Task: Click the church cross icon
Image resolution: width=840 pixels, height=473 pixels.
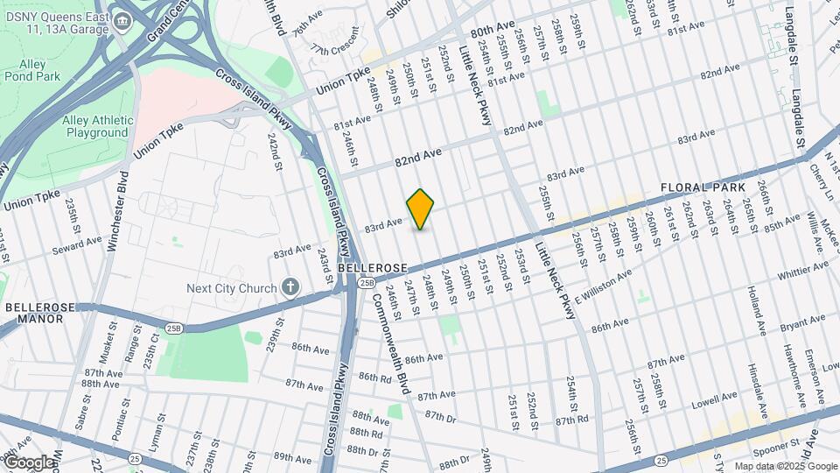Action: coord(290,287)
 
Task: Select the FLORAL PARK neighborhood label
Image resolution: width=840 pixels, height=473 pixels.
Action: coord(703,187)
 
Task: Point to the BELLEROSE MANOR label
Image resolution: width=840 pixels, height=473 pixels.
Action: coord(34,314)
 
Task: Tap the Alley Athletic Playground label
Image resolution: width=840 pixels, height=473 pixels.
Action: coord(95,126)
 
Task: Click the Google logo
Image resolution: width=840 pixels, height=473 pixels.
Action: coord(28,462)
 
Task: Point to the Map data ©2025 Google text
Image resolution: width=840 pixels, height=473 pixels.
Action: coord(784,466)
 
